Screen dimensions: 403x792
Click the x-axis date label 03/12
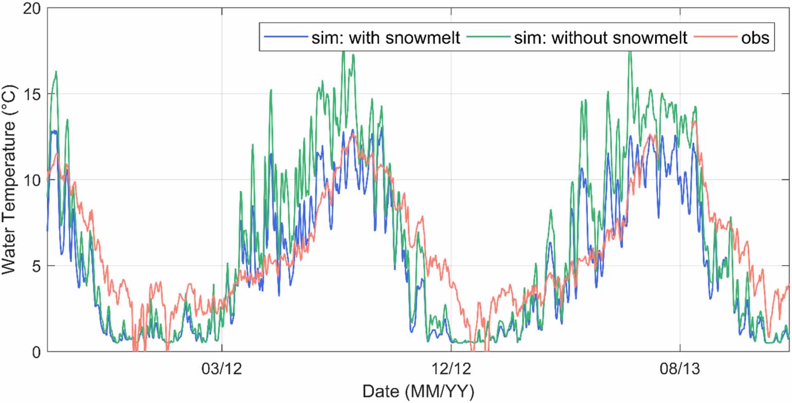[x=222, y=369]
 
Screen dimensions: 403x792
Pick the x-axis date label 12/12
[x=451, y=369]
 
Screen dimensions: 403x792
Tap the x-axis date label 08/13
[x=680, y=369]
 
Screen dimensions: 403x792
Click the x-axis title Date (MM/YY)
[x=418, y=392]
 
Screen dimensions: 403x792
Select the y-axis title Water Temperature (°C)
[x=9, y=180]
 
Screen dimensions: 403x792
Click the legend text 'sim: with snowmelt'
[x=386, y=38]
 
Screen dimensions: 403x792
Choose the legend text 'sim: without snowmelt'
[x=601, y=38]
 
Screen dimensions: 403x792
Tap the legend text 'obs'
[x=755, y=38]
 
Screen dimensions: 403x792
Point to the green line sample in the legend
[x=488, y=37]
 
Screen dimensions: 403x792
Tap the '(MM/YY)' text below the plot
[x=439, y=392]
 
